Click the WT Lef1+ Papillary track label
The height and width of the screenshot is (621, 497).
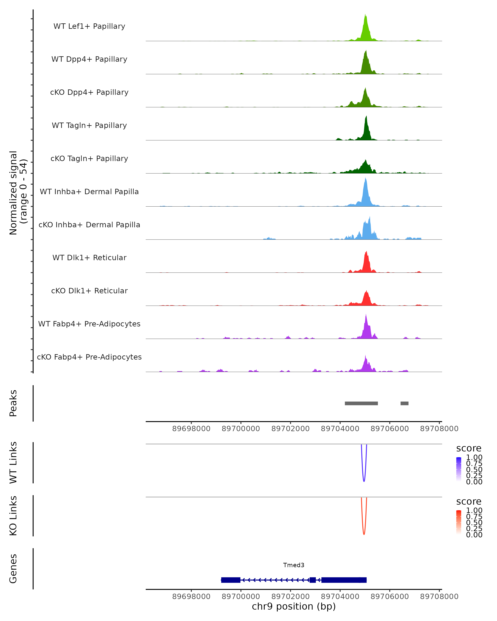click(x=89, y=26)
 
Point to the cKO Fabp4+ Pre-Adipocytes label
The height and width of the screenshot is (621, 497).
click(x=89, y=357)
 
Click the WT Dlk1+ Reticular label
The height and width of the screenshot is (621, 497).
click(x=89, y=258)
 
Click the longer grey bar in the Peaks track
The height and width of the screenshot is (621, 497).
click(x=361, y=403)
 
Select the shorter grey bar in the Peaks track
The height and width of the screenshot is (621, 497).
click(x=404, y=403)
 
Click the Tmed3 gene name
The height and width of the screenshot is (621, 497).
click(x=294, y=565)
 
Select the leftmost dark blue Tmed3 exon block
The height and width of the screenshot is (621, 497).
click(x=230, y=580)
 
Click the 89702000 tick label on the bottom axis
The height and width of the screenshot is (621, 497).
click(x=290, y=597)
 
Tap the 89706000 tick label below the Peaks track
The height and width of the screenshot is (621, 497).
click(x=390, y=429)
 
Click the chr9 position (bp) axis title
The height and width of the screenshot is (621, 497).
click(x=294, y=607)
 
